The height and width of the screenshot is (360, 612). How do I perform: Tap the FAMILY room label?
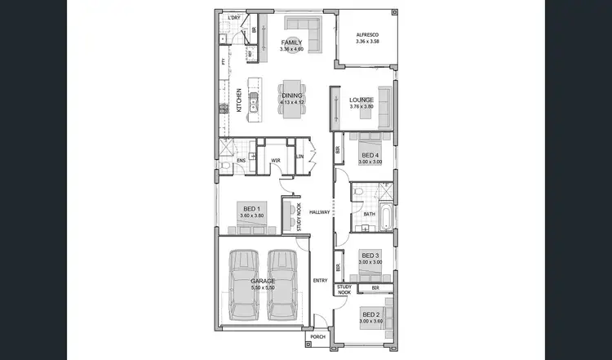[x=291, y=42]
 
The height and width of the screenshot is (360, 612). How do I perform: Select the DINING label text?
[x=292, y=96]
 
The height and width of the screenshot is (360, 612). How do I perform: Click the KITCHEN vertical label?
[x=239, y=100]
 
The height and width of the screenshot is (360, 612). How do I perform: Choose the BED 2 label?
[x=370, y=314]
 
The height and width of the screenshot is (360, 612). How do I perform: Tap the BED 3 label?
[x=370, y=256]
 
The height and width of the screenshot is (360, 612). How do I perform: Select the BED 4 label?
[x=370, y=155]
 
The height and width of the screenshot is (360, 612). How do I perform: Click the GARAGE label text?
[x=263, y=282]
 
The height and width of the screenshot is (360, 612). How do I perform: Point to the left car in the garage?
[x=243, y=285]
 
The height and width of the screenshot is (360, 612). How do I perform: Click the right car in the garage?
[x=283, y=285]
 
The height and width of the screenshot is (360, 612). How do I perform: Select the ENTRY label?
[x=320, y=282]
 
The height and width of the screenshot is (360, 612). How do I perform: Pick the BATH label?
[x=370, y=214]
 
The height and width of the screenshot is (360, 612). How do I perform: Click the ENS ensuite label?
[x=242, y=161]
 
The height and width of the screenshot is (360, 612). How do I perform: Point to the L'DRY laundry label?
[x=233, y=18]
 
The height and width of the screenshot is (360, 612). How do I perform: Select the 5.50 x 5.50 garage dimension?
[x=263, y=288]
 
